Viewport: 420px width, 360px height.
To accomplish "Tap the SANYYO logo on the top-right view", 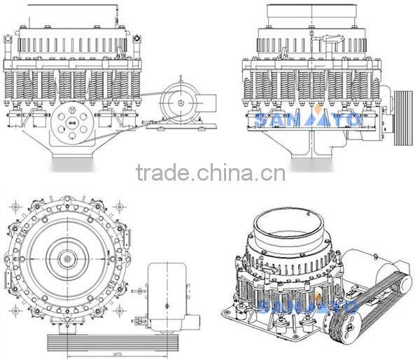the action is pyautogui.click(x=309, y=119).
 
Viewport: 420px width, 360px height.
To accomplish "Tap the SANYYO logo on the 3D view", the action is pyautogui.click(x=308, y=305).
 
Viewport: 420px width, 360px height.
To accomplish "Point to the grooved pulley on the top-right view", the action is pyautogui.click(x=404, y=118).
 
